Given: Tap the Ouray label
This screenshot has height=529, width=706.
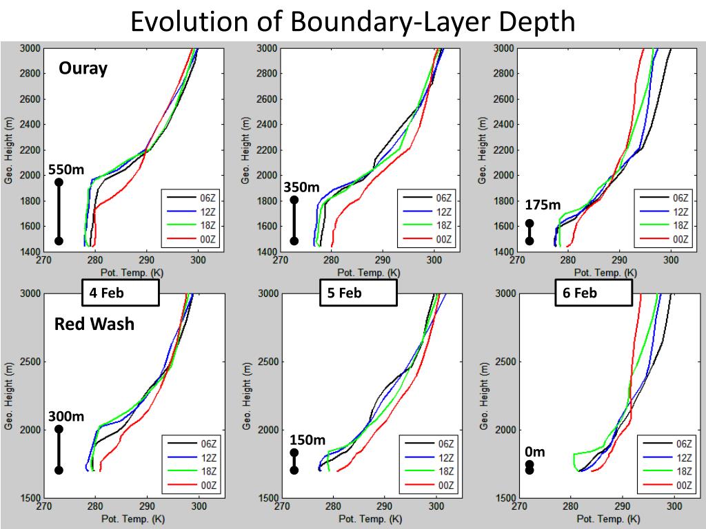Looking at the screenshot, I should (83, 68).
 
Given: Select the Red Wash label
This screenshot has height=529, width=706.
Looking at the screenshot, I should (94, 324).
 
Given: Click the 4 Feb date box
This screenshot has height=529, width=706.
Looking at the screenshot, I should (120, 293).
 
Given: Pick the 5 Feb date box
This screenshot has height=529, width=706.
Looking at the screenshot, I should (358, 293).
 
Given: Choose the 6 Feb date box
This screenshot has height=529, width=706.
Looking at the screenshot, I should (593, 293).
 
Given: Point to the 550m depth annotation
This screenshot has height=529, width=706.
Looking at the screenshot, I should (65, 169).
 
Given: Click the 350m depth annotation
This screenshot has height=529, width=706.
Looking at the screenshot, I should (301, 187).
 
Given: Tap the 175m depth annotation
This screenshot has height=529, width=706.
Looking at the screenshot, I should (543, 205).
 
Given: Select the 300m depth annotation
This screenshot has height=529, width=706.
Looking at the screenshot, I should (65, 416).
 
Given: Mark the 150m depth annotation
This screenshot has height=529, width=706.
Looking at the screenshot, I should (307, 439).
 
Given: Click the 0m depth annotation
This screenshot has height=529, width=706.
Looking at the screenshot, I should (534, 452).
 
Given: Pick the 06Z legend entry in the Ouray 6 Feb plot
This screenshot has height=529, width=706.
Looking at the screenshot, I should (679, 198).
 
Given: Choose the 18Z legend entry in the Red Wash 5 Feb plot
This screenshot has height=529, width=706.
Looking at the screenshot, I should (441, 472).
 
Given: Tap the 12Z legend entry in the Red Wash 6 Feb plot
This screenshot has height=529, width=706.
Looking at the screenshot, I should (679, 458).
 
